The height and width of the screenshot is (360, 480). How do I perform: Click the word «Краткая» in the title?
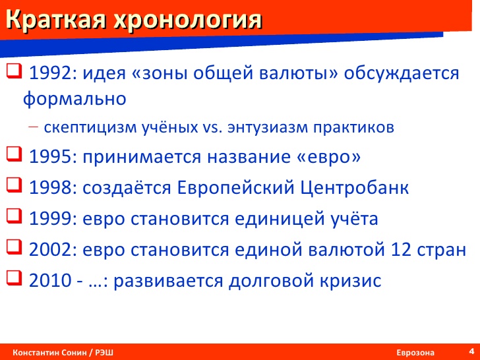pyautogui.click(x=56, y=20)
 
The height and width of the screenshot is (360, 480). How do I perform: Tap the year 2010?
pyautogui.click(x=50, y=280)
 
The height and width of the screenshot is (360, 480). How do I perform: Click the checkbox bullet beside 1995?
pyautogui.click(x=14, y=154)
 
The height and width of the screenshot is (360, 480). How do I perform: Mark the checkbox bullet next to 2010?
pyautogui.click(x=14, y=278)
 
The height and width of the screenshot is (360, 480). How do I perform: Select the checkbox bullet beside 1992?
pyautogui.click(x=14, y=71)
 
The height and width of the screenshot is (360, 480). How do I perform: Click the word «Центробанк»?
pyautogui.click(x=355, y=189)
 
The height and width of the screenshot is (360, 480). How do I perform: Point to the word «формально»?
pyautogui.click(x=75, y=99)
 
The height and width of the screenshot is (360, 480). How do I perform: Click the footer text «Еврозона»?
pyautogui.click(x=415, y=353)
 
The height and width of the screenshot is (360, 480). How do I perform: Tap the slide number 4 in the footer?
pyautogui.click(x=471, y=351)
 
